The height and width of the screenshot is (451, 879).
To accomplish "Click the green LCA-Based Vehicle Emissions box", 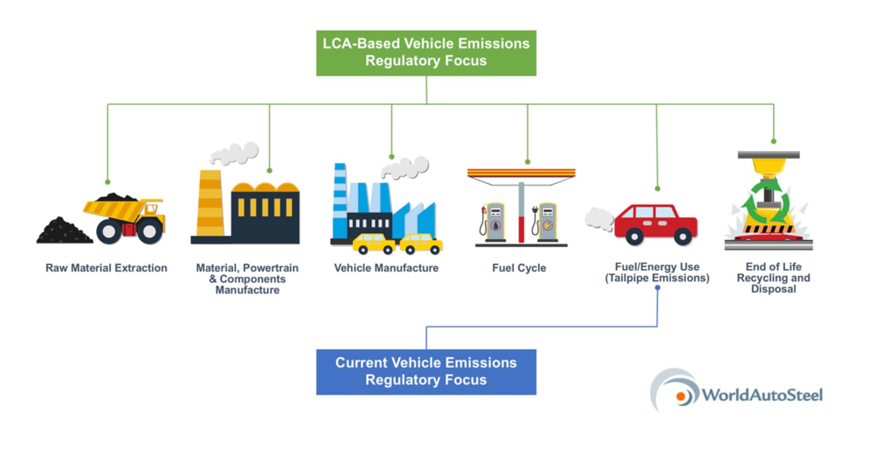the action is click(426, 53).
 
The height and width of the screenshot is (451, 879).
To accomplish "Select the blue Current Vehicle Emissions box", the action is click(426, 372).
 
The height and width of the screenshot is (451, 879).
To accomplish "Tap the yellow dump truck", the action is click(125, 218).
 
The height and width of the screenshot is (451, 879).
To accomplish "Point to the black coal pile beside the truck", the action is click(64, 231).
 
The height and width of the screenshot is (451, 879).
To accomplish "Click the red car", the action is click(655, 224).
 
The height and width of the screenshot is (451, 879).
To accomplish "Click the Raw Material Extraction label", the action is click(106, 268).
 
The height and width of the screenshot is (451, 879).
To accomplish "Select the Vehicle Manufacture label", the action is click(386, 268).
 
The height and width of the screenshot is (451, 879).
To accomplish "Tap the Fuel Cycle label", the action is click(519, 268).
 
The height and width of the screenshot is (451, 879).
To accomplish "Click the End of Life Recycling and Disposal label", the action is click(773, 277).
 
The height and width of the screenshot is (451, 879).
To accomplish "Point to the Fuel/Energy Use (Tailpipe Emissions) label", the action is click(657, 272).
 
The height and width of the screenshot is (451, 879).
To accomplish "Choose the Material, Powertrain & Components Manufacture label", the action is click(248, 278).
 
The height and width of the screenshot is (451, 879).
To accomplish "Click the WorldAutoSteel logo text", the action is click(762, 395).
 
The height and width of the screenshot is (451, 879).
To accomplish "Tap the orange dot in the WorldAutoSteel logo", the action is click(680, 397).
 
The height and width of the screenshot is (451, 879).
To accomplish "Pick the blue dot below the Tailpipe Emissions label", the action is click(657, 288).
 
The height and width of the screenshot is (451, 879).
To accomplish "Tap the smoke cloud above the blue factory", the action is click(405, 167).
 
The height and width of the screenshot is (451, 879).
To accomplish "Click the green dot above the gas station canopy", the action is click(528, 162).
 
